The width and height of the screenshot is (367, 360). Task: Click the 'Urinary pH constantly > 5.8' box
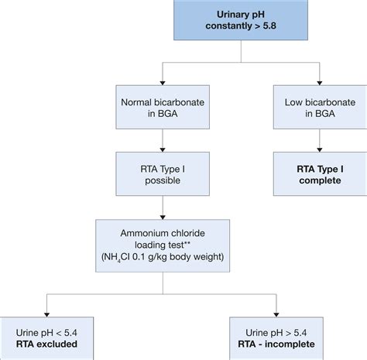pyautogui.click(x=241, y=20)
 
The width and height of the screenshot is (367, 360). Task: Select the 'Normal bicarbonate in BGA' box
pyautogui.click(x=163, y=107)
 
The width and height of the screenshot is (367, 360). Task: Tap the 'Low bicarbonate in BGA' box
pyautogui.click(x=320, y=107)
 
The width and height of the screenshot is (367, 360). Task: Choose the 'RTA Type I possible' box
pyautogui.click(x=163, y=173)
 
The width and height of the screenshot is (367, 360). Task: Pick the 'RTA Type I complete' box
pyautogui.click(x=320, y=173)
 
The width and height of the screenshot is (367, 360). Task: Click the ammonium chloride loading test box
pyautogui.click(x=163, y=245)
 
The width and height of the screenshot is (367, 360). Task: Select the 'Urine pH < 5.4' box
pyautogui.click(x=46, y=338)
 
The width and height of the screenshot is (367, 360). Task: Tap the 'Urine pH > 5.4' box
pyautogui.click(x=276, y=338)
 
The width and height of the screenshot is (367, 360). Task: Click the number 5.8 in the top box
pyautogui.click(x=269, y=26)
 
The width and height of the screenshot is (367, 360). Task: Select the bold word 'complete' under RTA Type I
pyautogui.click(x=320, y=180)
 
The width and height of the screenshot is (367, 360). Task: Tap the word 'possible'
pyautogui.click(x=163, y=180)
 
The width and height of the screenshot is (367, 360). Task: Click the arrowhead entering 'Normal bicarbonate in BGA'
pyautogui.click(x=163, y=83)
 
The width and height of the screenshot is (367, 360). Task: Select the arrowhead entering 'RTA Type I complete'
pyautogui.click(x=320, y=149)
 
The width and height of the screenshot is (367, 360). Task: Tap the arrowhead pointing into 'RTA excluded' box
pyautogui.click(x=46, y=315)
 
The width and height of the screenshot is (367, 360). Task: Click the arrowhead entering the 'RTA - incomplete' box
pyautogui.click(x=276, y=315)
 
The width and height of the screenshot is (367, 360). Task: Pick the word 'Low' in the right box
pyautogui.click(x=293, y=102)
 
